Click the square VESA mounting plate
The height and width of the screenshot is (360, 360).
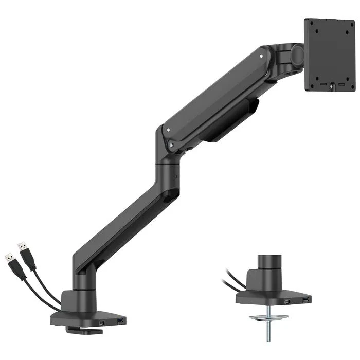coord(330,53)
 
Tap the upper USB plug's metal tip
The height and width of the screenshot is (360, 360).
coord(20,246)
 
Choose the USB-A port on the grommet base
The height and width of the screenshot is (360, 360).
coord(306,298)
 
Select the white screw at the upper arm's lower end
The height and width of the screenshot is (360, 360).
coord(167,131)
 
